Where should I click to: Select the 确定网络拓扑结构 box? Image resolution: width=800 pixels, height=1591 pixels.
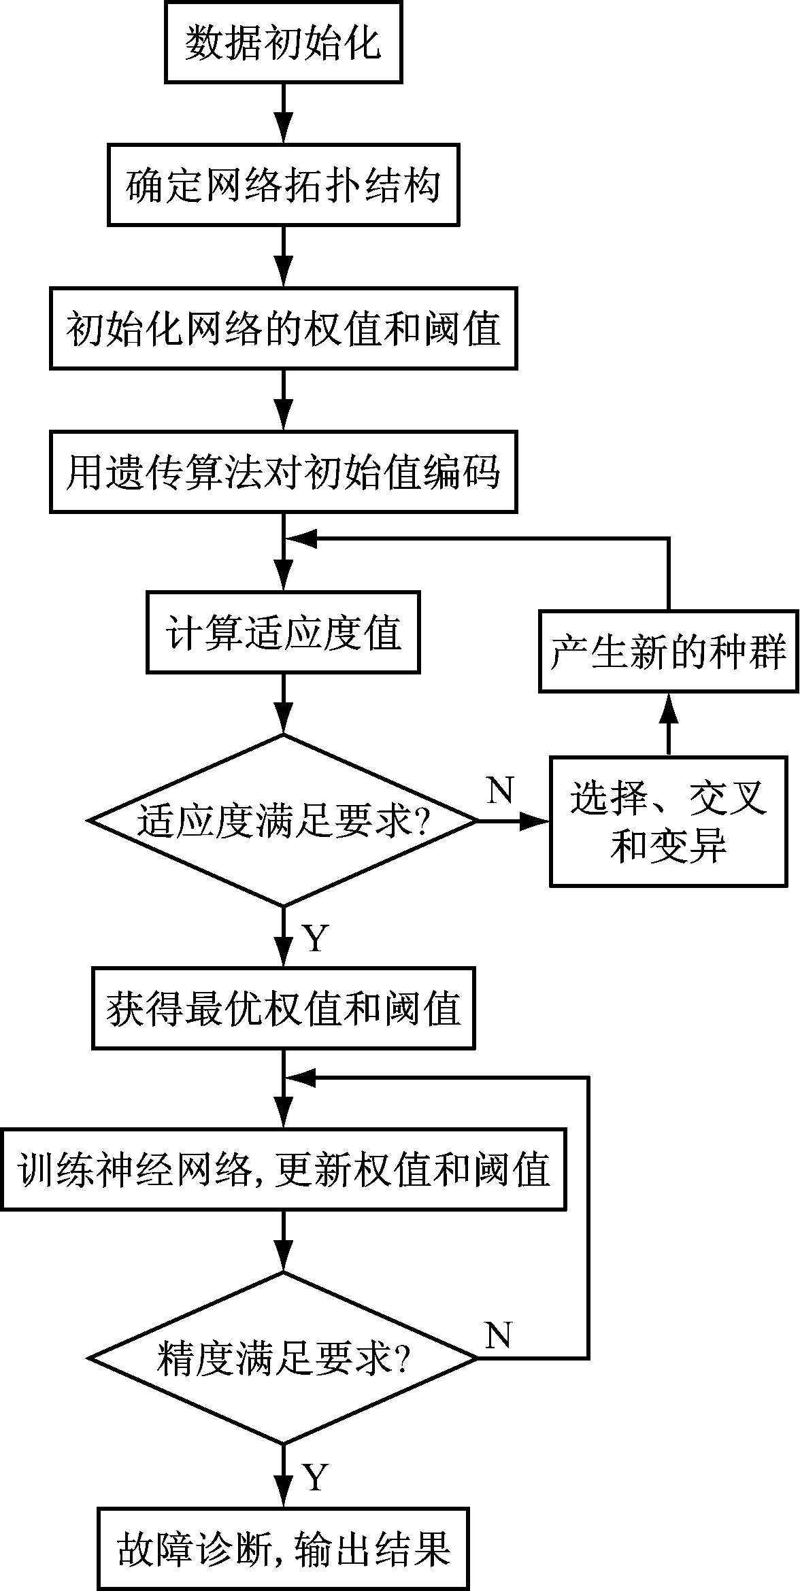pyautogui.click(x=283, y=185)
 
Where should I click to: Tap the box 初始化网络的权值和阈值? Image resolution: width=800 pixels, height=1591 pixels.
pyautogui.click(x=283, y=328)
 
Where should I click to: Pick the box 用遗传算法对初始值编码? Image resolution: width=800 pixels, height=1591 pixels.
pyautogui.click(x=283, y=472)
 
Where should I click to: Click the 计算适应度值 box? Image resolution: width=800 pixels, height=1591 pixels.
pyautogui.click(x=283, y=632)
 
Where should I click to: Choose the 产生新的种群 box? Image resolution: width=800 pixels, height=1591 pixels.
pyautogui.click(x=669, y=651)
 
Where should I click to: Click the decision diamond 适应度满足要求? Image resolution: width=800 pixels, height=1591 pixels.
pyautogui.click(x=283, y=821)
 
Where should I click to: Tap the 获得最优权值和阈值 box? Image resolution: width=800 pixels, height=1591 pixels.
pyautogui.click(x=283, y=1008)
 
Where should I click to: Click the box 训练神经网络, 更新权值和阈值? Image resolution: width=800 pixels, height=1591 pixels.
pyautogui.click(x=283, y=1169)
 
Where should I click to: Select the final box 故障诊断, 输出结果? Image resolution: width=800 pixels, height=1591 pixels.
pyautogui.click(x=283, y=1548)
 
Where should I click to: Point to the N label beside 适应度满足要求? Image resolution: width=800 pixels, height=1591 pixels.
pyautogui.click(x=500, y=789)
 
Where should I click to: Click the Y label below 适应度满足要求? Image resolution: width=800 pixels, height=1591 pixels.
pyautogui.click(x=314, y=939)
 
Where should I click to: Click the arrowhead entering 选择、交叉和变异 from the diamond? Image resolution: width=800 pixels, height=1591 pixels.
pyautogui.click(x=536, y=821)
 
